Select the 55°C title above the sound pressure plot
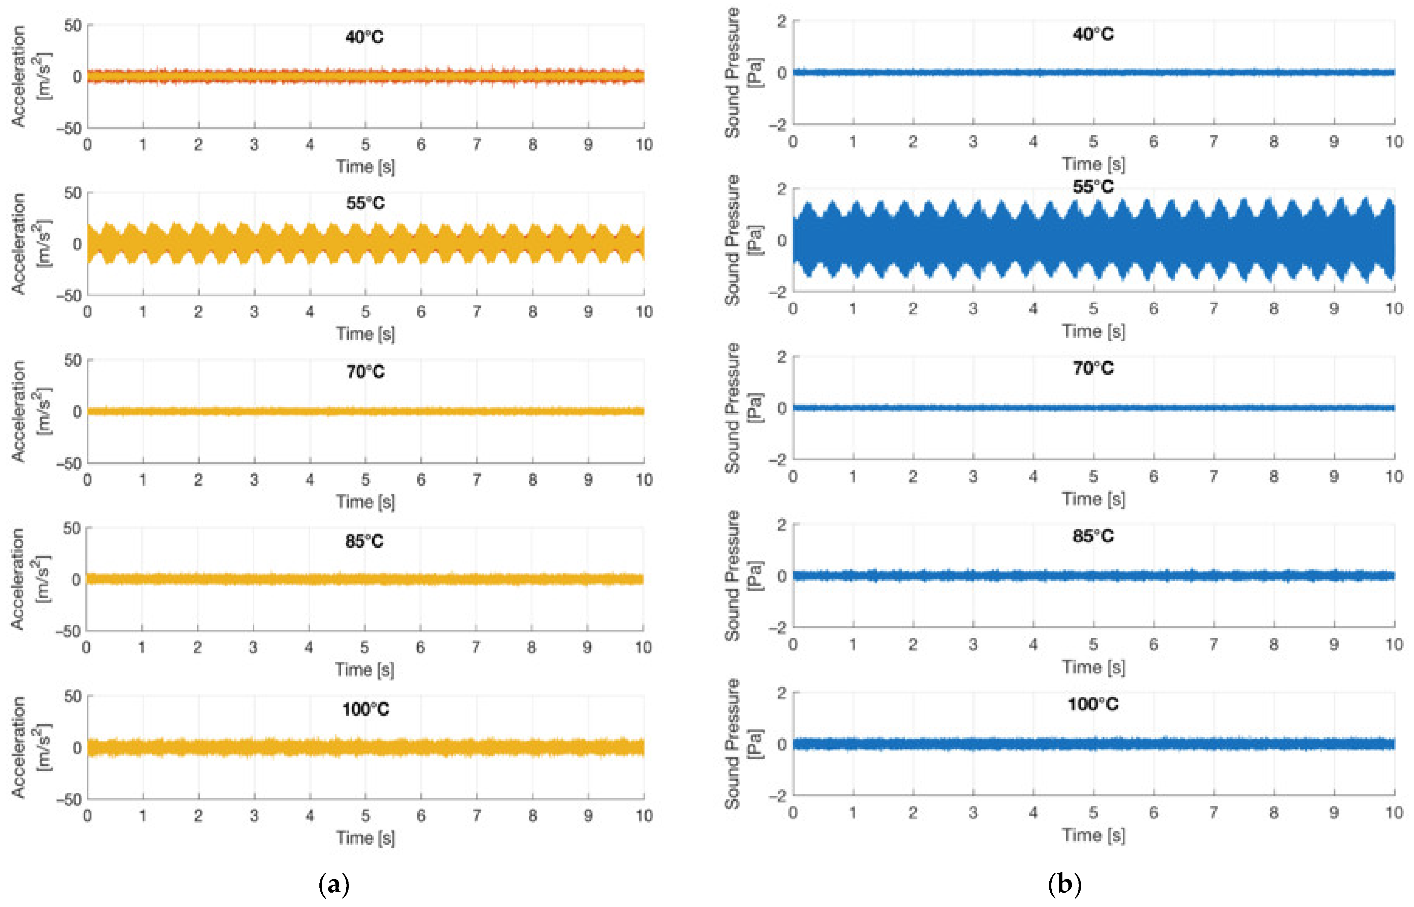point(1093,187)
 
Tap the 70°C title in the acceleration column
point(365,372)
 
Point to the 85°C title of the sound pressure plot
point(1093,536)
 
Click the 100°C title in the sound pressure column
point(1093,704)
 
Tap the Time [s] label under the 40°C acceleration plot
point(365,167)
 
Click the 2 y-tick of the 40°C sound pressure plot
point(782,22)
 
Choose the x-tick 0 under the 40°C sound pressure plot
point(793,141)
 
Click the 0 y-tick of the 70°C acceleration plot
point(77,412)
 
